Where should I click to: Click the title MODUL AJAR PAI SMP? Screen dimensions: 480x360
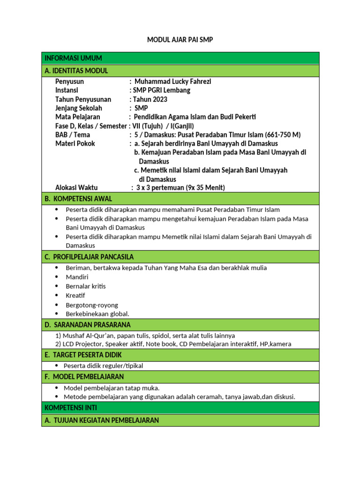(x=180, y=40)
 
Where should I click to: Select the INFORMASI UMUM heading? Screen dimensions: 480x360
(x=73, y=58)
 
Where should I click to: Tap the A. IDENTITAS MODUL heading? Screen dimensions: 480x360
(x=76, y=71)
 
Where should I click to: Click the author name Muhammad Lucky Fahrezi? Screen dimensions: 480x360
(x=172, y=82)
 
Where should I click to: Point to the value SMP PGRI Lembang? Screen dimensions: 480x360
(x=162, y=90)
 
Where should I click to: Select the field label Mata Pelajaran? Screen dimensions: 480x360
(x=77, y=117)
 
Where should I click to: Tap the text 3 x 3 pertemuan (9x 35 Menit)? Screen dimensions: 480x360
(x=180, y=188)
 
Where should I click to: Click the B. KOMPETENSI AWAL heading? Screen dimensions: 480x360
(x=78, y=199)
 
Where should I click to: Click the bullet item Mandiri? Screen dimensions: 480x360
(x=77, y=277)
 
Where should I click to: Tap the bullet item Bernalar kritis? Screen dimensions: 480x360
(x=86, y=286)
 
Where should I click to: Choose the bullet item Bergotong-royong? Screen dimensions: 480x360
(x=92, y=305)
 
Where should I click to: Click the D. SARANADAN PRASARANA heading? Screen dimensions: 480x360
(x=88, y=325)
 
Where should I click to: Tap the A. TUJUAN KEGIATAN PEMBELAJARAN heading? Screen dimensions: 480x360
(x=102, y=420)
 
